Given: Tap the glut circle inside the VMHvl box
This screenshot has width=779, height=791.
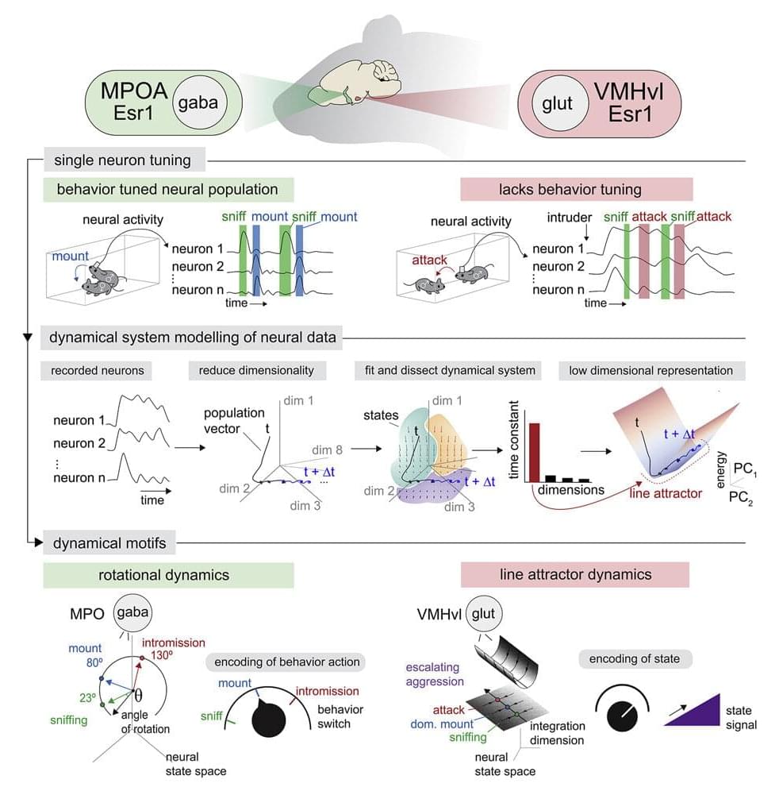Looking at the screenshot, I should click(x=558, y=102).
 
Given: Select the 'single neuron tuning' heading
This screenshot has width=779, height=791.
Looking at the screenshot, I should click(x=122, y=160).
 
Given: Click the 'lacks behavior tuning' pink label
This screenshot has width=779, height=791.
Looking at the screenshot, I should click(x=577, y=189).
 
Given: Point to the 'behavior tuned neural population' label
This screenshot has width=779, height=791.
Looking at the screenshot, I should click(x=167, y=189).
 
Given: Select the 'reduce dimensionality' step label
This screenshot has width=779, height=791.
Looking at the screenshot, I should click(x=251, y=370).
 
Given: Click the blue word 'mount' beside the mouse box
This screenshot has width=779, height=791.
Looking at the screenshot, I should click(x=71, y=257).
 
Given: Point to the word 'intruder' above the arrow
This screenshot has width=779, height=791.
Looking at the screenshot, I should click(x=570, y=216).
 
